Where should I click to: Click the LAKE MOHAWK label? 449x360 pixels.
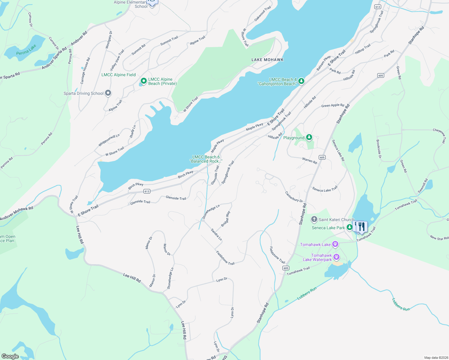267,60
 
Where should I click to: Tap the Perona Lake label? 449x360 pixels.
26,50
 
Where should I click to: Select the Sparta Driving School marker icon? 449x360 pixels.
108,93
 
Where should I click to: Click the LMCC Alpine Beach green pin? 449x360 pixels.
144,81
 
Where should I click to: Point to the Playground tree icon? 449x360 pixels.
309,138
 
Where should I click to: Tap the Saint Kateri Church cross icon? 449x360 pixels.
314,220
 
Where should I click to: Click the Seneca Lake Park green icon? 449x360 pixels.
349,227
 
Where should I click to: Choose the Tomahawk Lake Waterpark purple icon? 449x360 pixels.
336,257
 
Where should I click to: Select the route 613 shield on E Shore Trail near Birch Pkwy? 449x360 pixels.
147,191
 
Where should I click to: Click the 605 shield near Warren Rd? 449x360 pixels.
322,157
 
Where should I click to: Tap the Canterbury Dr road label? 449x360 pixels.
294,197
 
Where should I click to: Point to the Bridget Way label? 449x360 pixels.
226,219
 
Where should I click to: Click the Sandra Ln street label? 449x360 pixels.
216,235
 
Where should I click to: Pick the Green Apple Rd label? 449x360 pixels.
333,105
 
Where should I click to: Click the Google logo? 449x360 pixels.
10,356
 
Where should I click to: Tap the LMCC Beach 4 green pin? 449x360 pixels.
301,81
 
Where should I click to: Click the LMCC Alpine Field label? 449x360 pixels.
119,75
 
